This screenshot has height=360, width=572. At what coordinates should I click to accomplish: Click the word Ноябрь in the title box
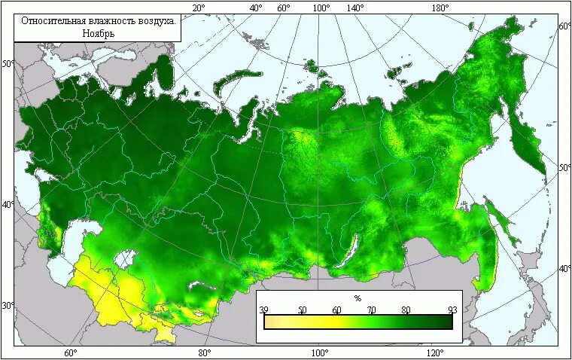(x=97, y=33)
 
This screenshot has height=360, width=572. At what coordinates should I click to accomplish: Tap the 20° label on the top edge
(x=199, y=8)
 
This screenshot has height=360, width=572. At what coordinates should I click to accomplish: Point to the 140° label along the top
(x=355, y=8)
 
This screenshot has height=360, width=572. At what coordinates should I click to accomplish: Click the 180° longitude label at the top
(x=440, y=8)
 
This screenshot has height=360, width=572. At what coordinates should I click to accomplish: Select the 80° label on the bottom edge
(x=204, y=352)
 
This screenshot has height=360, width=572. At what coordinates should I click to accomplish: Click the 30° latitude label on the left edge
(x=7, y=306)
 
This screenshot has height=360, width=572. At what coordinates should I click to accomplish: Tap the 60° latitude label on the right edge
(x=564, y=26)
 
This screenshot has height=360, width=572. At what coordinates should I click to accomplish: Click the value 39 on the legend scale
(x=263, y=310)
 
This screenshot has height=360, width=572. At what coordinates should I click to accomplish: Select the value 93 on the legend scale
(x=452, y=310)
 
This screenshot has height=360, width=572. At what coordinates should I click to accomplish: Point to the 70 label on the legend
(x=371, y=310)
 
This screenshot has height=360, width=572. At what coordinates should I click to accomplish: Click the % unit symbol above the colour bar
(x=357, y=299)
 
